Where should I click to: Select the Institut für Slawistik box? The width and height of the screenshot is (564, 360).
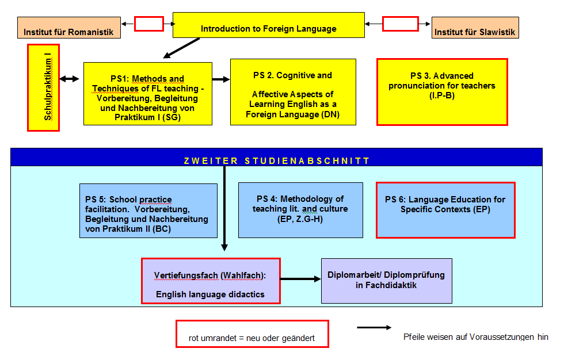coord(475,28)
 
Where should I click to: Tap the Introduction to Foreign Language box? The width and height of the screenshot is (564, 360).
coord(268,25)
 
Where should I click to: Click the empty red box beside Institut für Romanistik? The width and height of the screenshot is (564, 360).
coord(149,24)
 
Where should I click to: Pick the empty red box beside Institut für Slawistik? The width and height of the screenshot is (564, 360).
coord(400,24)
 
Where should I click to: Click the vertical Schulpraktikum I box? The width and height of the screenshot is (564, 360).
coord(43,88)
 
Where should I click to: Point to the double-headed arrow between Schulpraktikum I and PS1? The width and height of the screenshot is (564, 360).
coord(70,79)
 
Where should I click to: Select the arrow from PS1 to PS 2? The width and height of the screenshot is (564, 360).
coord(221,79)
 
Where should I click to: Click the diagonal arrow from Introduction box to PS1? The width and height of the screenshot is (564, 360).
coord(181,48)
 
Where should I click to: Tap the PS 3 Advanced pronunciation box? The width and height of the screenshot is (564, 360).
coord(441,91)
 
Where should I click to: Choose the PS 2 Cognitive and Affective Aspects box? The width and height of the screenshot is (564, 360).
coord(293,91)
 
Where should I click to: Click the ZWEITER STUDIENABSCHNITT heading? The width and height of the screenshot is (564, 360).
coord(276,160)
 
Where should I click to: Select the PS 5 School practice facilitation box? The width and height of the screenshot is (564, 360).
coord(148,210)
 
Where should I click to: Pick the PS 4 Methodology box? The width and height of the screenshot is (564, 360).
coord(300,210)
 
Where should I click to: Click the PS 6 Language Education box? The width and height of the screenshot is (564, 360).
coord(445,209)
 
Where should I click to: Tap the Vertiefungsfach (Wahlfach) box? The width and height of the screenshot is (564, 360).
coord(211,281)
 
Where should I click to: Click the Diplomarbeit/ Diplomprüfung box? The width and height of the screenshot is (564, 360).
coord(386,281)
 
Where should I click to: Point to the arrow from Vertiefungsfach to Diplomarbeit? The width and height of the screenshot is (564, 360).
coord(300,279)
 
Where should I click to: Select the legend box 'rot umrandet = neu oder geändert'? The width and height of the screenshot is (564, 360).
coord(251,334)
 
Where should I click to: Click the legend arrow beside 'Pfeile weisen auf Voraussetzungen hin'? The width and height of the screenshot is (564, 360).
coord(374,328)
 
